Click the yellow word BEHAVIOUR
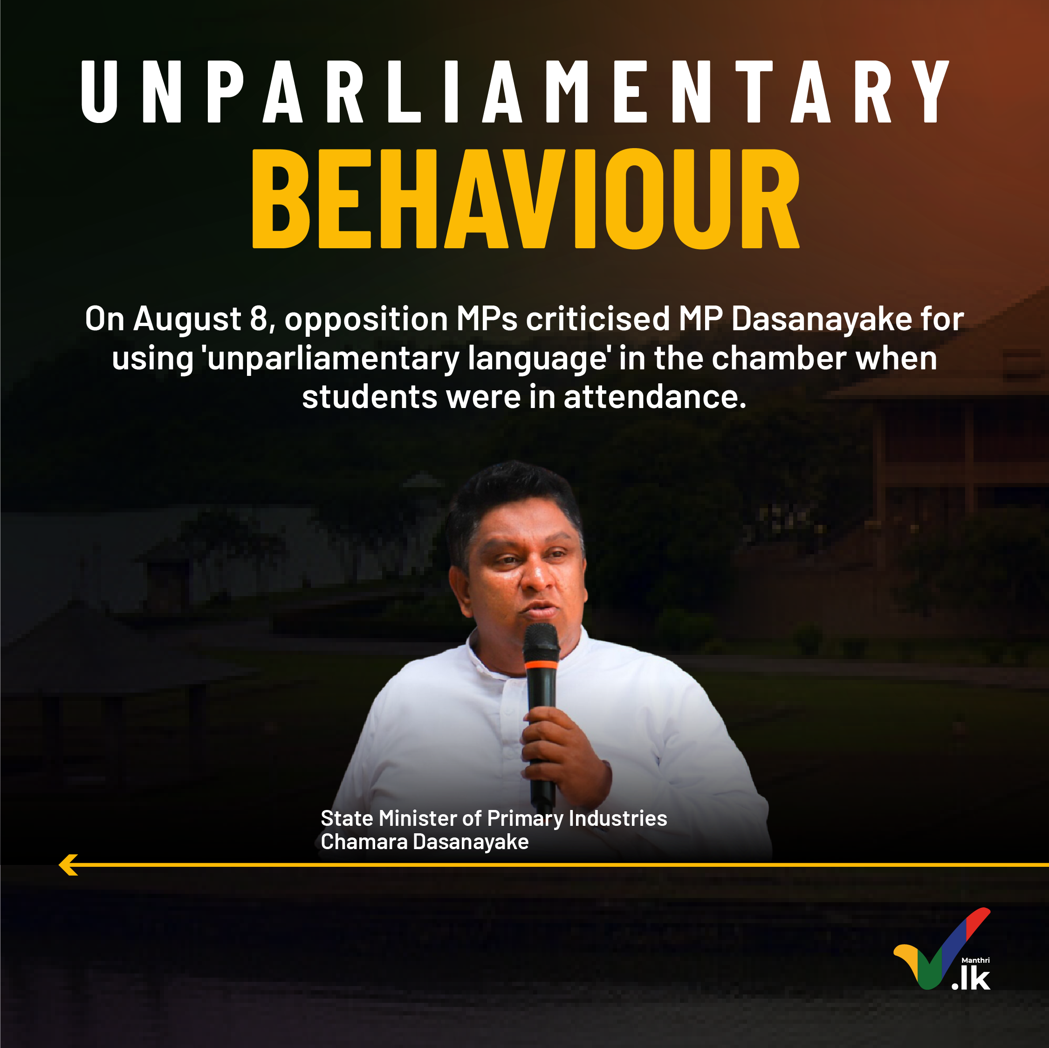click(x=526, y=198)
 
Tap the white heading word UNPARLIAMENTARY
click(x=515, y=91)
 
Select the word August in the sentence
click(x=187, y=320)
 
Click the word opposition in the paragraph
click(x=366, y=320)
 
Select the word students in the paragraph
click(x=369, y=397)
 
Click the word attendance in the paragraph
click(x=655, y=397)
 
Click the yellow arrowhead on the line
click(x=69, y=865)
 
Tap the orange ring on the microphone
click(x=542, y=664)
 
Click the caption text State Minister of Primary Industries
click(x=494, y=818)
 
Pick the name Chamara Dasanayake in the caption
click(x=425, y=842)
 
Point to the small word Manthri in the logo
click(x=975, y=960)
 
